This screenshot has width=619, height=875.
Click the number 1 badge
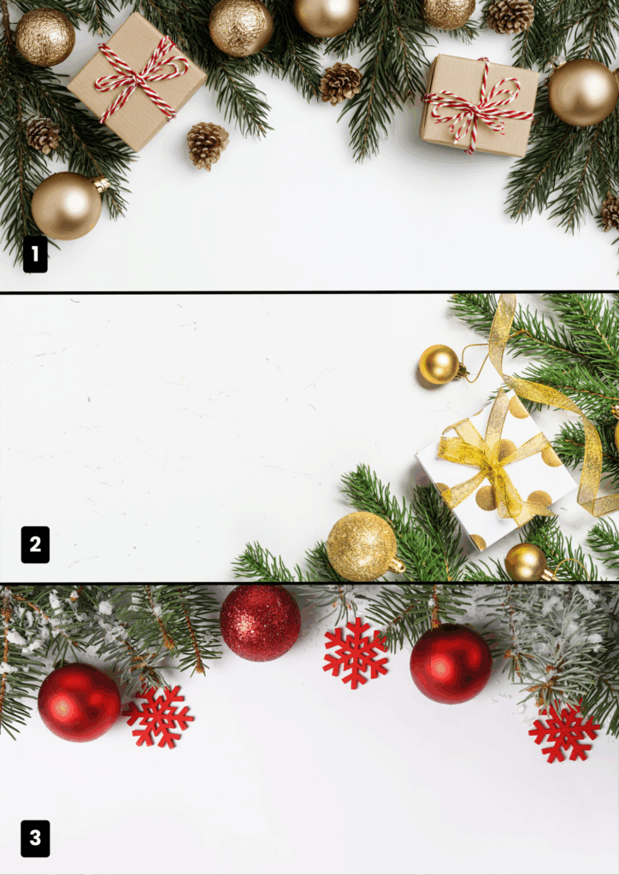point(35,254)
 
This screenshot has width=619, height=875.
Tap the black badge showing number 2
point(35,544)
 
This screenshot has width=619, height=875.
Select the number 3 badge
point(35,838)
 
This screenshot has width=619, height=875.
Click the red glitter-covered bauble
point(260,623)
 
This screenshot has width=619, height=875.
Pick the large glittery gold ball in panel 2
point(362,546)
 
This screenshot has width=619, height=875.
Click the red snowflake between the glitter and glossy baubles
point(356,652)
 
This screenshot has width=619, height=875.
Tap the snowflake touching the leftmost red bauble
point(159,717)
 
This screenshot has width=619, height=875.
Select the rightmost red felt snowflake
point(563,732)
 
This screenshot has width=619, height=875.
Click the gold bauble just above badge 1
point(67,206)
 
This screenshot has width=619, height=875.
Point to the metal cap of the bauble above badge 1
point(102,185)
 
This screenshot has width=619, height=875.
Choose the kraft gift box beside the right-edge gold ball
point(479,104)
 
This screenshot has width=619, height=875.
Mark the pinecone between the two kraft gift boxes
point(340,83)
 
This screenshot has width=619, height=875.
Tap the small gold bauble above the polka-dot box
point(439,364)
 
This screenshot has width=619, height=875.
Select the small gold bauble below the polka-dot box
point(526,562)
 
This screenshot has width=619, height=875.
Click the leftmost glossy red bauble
point(80,702)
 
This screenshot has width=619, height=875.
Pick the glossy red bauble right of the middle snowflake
point(451,663)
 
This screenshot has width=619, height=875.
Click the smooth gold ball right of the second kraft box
point(583,92)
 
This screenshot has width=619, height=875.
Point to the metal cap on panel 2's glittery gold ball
point(398,567)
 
